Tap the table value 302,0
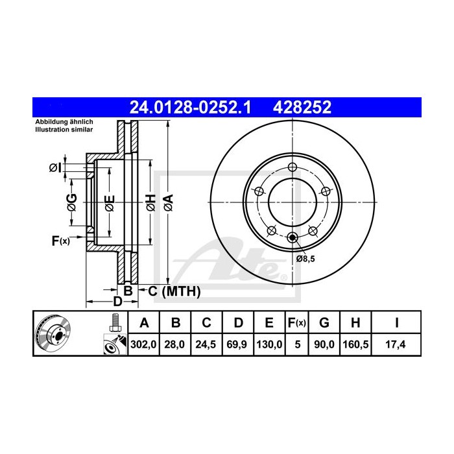click(x=145, y=344)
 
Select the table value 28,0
click(x=176, y=344)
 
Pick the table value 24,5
click(x=206, y=344)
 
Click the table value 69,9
click(x=237, y=344)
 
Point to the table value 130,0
click(x=269, y=344)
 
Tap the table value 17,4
click(x=394, y=344)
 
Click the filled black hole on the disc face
click(x=293, y=238)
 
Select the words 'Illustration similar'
click(x=64, y=130)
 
